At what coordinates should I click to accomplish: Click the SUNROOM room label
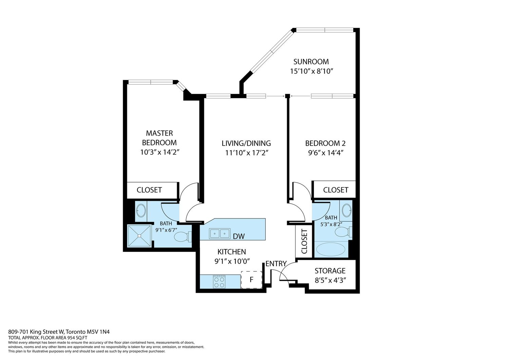(311, 62)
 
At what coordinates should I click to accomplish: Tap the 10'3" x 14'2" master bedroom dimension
(160, 152)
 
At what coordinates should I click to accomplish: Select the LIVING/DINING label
(246, 143)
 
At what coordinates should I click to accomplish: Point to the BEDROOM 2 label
(325, 143)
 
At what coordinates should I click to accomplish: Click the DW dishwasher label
(239, 236)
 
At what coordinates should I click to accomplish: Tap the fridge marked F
(251, 280)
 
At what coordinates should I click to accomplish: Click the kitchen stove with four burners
(219, 282)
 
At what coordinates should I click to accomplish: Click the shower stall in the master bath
(139, 236)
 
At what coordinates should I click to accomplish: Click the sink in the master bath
(141, 211)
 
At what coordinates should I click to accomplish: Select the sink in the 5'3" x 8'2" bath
(347, 210)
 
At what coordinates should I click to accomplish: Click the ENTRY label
(276, 264)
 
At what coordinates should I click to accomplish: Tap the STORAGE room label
(330, 271)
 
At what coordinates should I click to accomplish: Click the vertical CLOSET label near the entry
(304, 241)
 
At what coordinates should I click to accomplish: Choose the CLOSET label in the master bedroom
(149, 190)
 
